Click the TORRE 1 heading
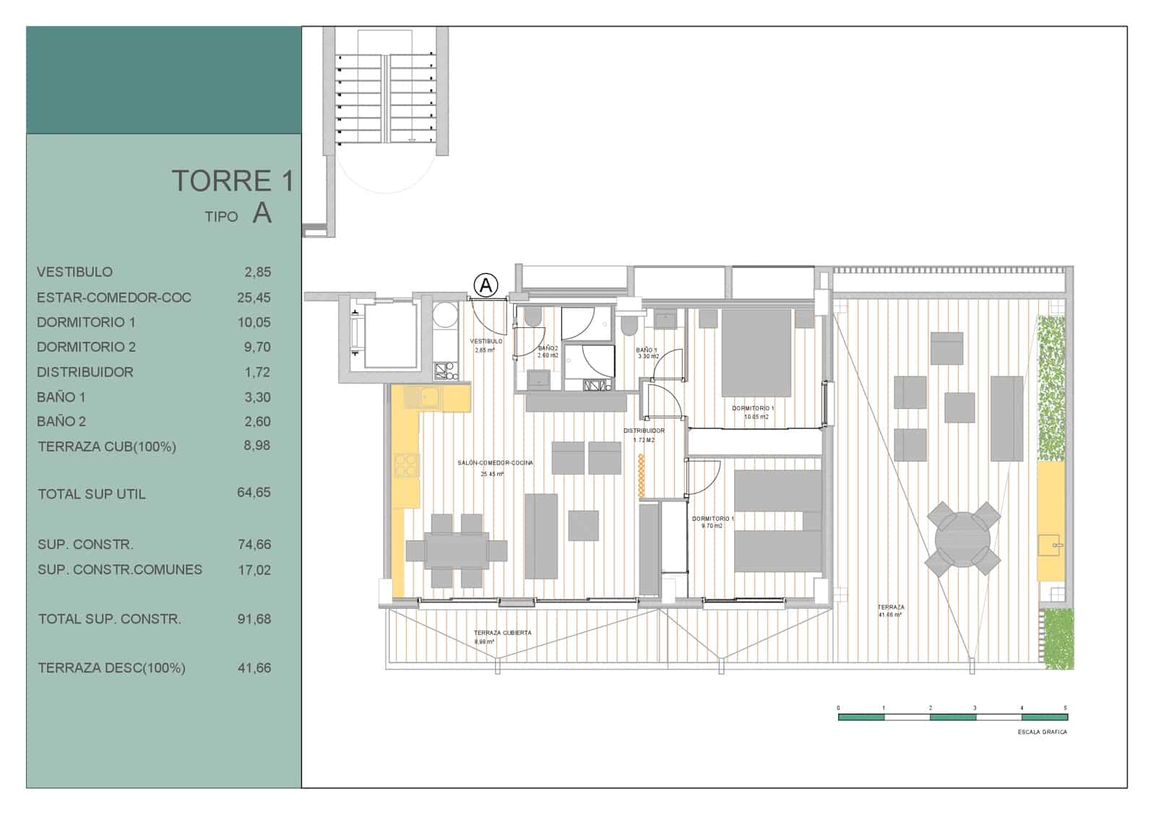pyautogui.click(x=232, y=181)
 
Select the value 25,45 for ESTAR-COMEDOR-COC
pyautogui.click(x=254, y=298)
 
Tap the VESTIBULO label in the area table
pyautogui.click(x=74, y=272)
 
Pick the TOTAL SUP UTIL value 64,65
pyautogui.click(x=254, y=493)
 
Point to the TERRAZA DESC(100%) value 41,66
pyautogui.click(x=254, y=668)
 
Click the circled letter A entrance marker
pyautogui.click(x=486, y=285)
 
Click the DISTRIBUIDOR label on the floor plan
pyautogui.click(x=644, y=431)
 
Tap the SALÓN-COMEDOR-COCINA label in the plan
pyautogui.click(x=495, y=463)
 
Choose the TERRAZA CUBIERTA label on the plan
pyautogui.click(x=502, y=633)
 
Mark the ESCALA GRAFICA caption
pyautogui.click(x=1042, y=732)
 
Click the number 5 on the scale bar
pyautogui.click(x=1065, y=708)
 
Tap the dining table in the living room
pyautogui.click(x=457, y=551)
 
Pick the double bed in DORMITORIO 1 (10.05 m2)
pyautogui.click(x=756, y=353)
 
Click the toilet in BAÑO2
pyautogui.click(x=533, y=317)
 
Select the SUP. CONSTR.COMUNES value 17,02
pyautogui.click(x=254, y=570)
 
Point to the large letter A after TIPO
pyautogui.click(x=262, y=213)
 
